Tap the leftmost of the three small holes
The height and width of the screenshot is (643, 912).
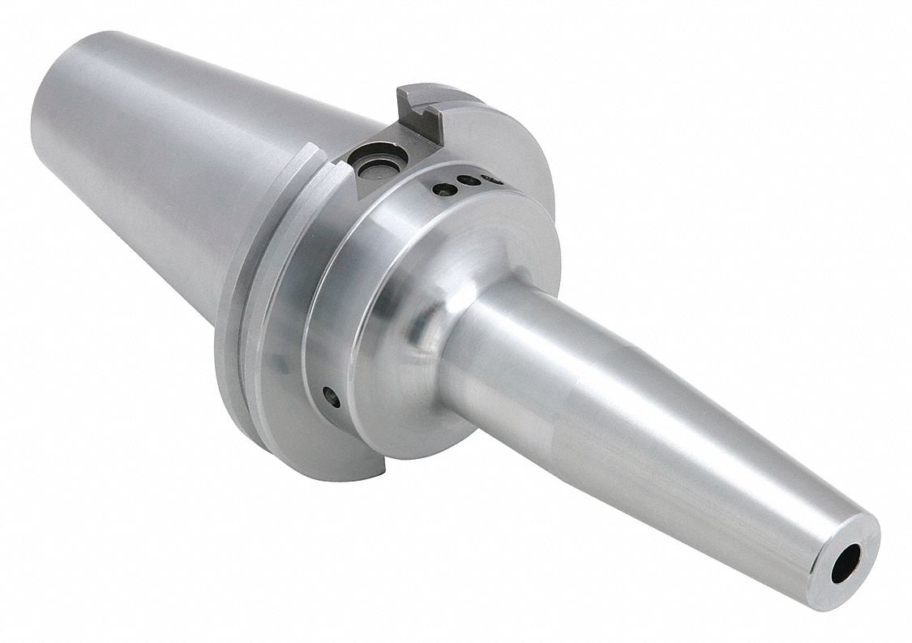pos(444,189)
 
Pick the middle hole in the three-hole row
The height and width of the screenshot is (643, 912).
pos(465,181)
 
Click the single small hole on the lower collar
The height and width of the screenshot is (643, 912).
pos(329,397)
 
